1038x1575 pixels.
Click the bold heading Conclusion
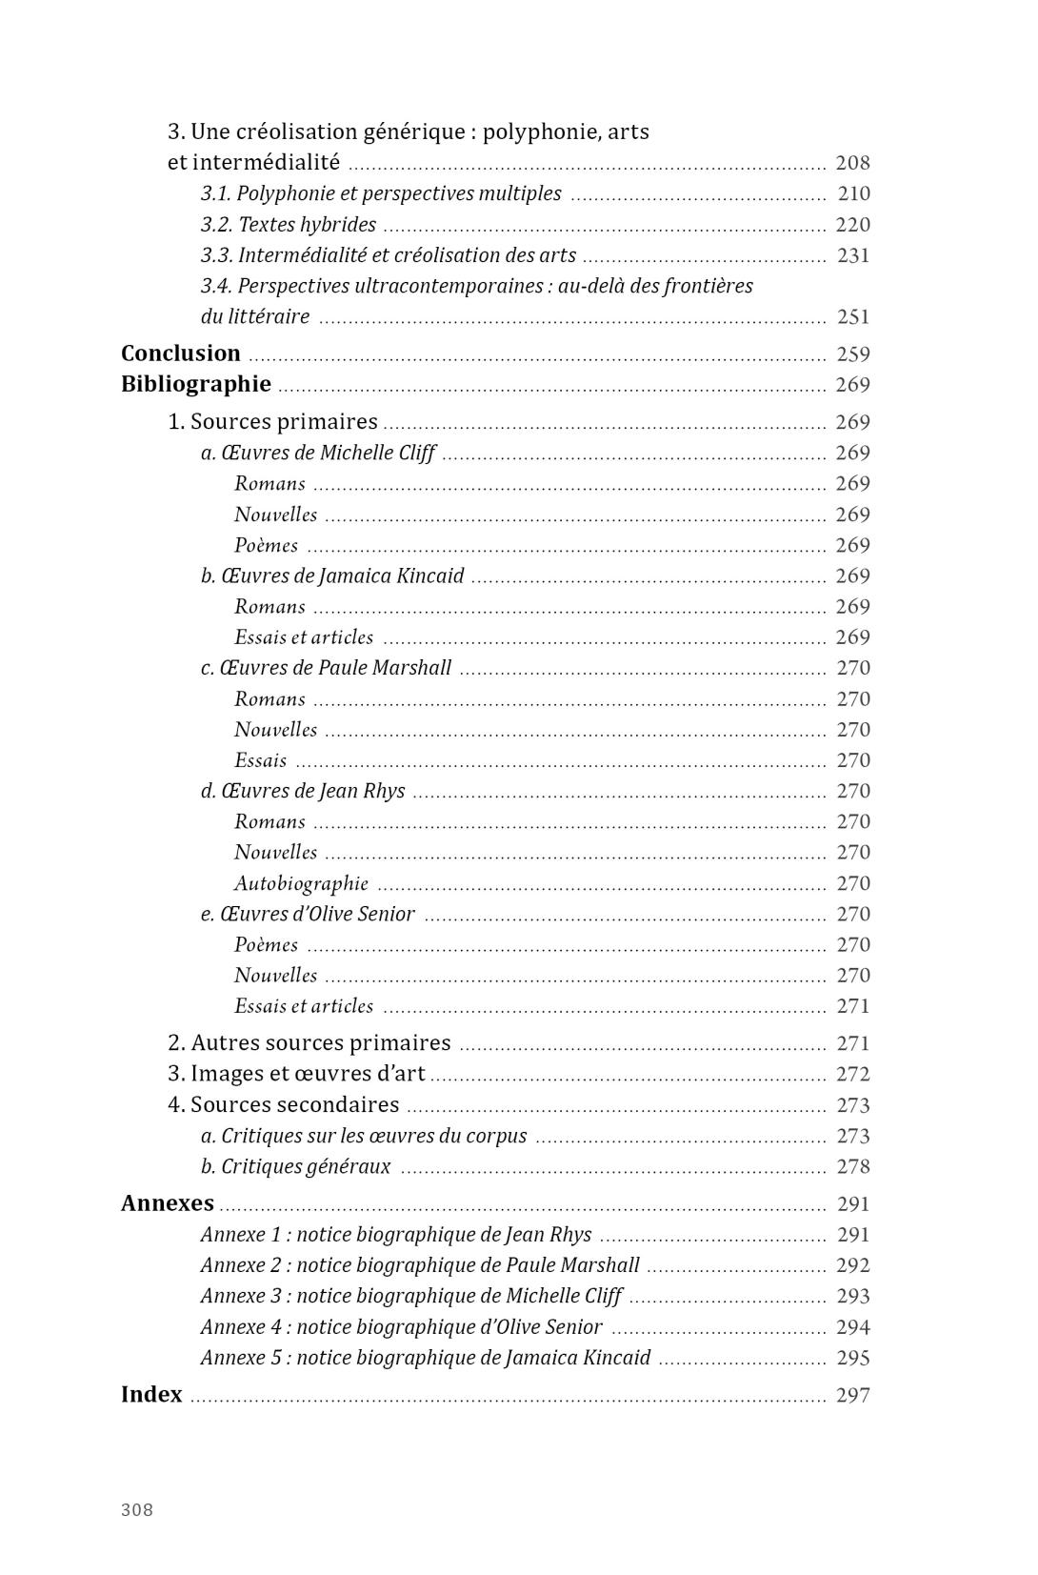point(181,353)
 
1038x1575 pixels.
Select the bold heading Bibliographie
point(196,384)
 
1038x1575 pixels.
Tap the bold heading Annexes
point(168,1203)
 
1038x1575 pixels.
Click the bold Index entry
point(151,1394)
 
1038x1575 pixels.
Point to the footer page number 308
point(137,1509)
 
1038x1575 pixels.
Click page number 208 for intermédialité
point(852,163)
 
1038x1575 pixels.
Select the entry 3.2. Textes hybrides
point(289,225)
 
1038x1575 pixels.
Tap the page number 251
point(852,316)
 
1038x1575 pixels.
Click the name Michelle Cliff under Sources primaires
point(377,453)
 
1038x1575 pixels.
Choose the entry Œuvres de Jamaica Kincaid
point(332,575)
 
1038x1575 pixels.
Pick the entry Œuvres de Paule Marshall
point(326,668)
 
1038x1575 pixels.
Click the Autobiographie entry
point(301,883)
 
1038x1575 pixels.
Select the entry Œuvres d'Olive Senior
point(308,914)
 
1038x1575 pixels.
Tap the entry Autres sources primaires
point(309,1043)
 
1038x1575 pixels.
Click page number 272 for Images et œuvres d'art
point(852,1074)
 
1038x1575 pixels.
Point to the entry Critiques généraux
point(295,1166)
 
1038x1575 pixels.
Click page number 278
point(852,1166)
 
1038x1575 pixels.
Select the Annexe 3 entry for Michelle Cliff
point(410,1296)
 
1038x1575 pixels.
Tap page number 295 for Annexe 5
point(852,1358)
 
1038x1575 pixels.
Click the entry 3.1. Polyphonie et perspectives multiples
point(381,193)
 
